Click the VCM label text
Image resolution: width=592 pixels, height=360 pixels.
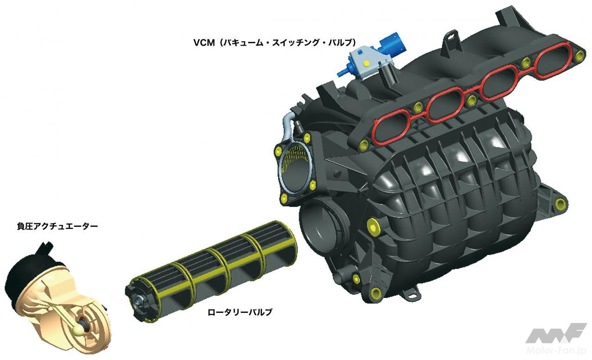[x=275, y=43]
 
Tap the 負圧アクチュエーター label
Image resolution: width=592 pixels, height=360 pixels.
[x=57, y=226]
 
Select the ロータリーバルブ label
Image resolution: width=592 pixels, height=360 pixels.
[x=240, y=312]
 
